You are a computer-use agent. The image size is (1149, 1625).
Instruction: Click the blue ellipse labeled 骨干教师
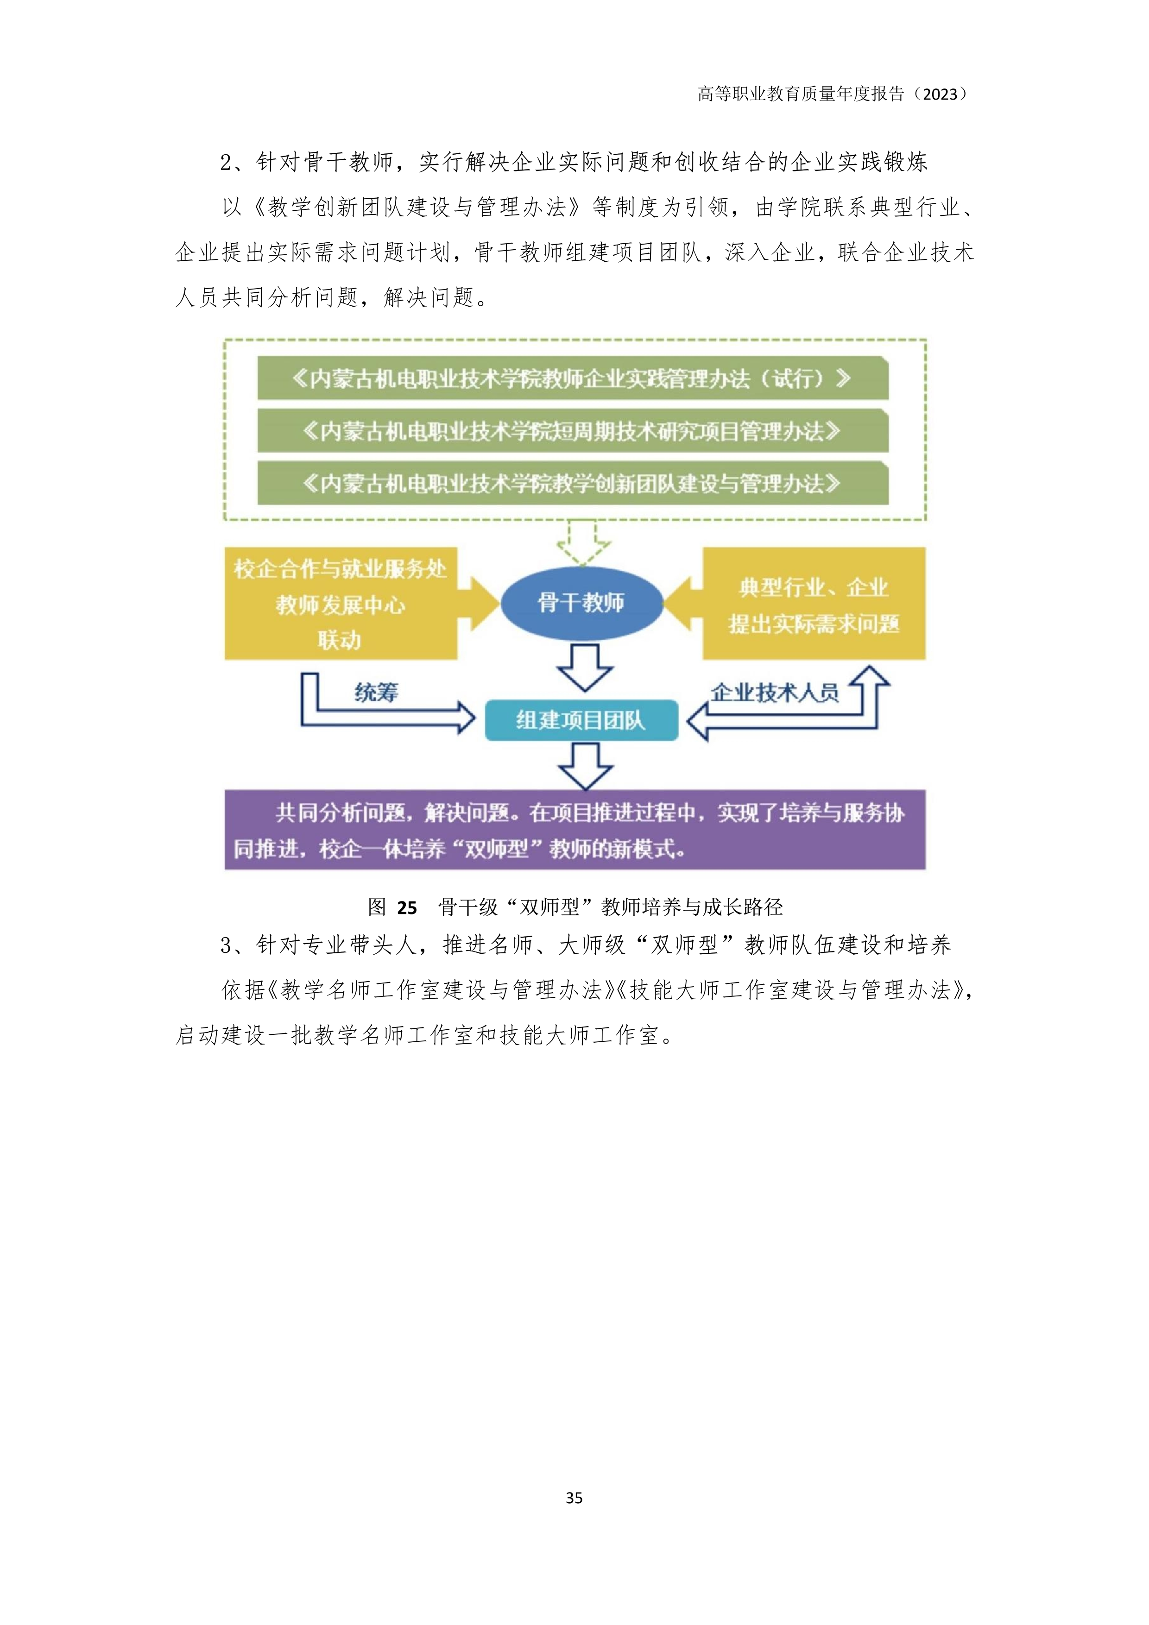click(581, 602)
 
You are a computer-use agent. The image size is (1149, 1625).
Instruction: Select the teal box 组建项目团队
click(581, 720)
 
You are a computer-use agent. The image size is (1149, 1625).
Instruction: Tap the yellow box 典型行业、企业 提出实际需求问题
click(814, 604)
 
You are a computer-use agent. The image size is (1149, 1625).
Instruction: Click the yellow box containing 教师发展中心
click(341, 604)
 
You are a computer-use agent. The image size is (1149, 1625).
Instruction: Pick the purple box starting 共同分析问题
click(575, 830)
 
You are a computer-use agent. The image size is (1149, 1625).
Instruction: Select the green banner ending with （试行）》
click(573, 378)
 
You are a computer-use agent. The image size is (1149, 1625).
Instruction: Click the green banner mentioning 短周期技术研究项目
click(573, 431)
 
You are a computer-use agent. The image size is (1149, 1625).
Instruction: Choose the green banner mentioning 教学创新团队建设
click(573, 484)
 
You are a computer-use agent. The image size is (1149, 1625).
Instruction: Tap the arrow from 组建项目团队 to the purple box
click(585, 766)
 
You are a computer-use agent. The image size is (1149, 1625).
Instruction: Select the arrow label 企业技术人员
click(775, 692)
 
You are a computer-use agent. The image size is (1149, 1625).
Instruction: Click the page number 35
click(574, 1497)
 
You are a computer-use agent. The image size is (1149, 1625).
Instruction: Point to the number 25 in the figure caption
click(407, 907)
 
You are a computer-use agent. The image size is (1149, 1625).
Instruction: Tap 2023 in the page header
click(940, 94)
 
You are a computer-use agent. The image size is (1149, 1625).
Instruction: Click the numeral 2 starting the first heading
click(226, 163)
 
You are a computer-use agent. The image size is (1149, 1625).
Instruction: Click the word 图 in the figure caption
click(377, 907)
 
